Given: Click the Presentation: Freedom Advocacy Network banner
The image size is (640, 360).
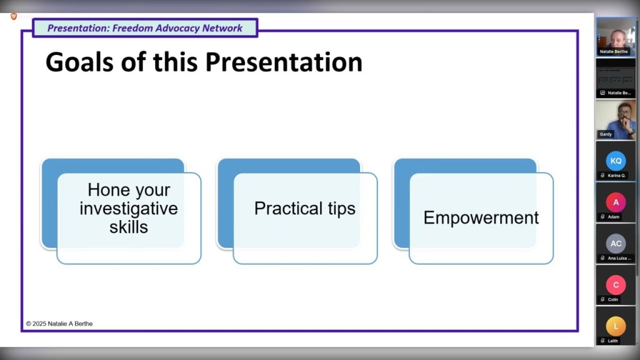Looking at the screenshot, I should (x=145, y=28).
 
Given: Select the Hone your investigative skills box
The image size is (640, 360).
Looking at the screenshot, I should (x=129, y=209).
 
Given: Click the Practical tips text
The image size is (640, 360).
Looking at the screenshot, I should (x=304, y=209).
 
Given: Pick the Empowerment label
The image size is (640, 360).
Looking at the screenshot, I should (x=481, y=217).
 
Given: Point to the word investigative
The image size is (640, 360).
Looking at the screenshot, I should (x=129, y=209).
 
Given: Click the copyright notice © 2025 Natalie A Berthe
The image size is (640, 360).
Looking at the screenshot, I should (x=59, y=324).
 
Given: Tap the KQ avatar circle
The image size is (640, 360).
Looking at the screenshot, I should (x=616, y=161).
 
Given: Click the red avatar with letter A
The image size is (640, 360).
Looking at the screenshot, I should (x=616, y=202).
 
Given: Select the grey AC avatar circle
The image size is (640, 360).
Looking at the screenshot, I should (x=616, y=244).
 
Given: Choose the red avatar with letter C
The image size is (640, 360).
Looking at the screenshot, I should (x=616, y=285).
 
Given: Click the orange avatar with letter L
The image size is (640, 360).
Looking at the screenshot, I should (x=616, y=326).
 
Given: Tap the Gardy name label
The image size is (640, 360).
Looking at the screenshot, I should (x=606, y=134).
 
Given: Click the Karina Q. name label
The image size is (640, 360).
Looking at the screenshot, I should (x=617, y=176).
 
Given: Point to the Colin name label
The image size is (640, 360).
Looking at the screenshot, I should (x=613, y=299).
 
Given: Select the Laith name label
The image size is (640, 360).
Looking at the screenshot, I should (x=613, y=341).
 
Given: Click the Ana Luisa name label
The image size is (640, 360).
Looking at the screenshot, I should (x=619, y=258).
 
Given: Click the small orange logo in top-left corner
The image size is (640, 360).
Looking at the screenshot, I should (x=14, y=16).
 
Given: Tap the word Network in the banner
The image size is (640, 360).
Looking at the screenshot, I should (x=222, y=28).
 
